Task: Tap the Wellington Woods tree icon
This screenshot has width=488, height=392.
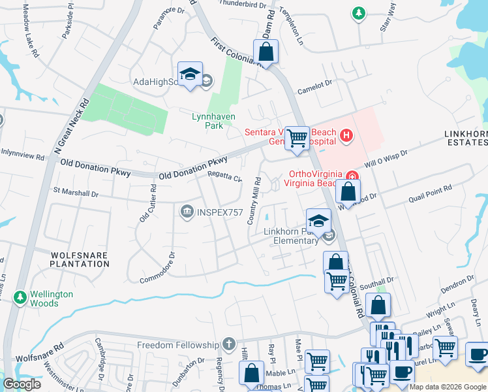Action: pos(20,298)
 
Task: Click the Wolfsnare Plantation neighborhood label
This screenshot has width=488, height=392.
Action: pos(80,258)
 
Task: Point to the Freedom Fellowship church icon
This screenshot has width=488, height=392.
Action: pos(228,344)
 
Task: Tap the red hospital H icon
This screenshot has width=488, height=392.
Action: pos(346,136)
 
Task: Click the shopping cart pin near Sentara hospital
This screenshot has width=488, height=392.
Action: pos(297,139)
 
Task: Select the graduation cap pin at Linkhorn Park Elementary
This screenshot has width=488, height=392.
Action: pos(318,221)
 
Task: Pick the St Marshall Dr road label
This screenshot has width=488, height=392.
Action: pos(76,193)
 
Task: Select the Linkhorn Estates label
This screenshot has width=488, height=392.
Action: pos(466,139)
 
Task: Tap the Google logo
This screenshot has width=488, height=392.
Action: pos(22,384)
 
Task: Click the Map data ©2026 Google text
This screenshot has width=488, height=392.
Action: pos(447,387)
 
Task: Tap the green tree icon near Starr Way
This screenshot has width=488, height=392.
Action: pos(358,12)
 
